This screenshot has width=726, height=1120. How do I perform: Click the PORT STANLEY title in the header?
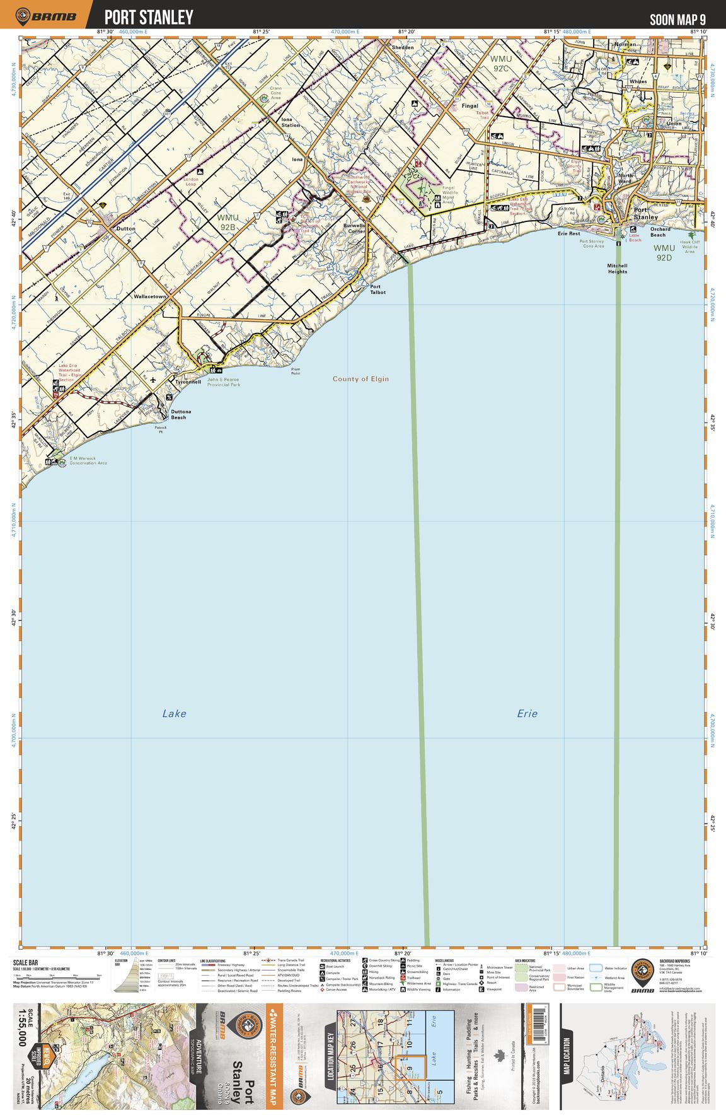coord(148,17)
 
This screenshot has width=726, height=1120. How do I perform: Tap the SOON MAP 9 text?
coord(677,19)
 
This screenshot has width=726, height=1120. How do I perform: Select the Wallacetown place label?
coord(149,296)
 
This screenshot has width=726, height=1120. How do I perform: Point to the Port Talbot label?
coord(378,289)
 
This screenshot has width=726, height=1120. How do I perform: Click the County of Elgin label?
coord(361,379)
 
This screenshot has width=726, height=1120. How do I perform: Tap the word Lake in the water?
coord(174,713)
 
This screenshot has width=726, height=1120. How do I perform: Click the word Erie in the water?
coord(527,713)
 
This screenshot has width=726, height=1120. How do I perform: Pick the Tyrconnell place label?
coord(188,382)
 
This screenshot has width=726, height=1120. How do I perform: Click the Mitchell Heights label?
coord(618,269)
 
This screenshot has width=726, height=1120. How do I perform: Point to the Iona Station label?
coord(291,125)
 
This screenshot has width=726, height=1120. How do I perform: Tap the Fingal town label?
coord(470,106)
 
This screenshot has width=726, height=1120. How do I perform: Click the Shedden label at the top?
coord(403,47)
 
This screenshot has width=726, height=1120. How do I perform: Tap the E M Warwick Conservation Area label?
coord(88,460)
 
